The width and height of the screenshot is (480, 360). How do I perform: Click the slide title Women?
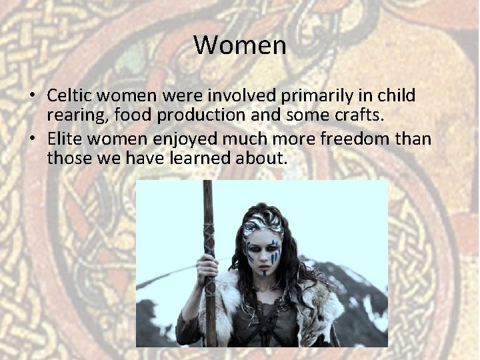240,45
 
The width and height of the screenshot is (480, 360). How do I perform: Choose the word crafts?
361,115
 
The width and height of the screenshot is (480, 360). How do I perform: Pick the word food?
131,115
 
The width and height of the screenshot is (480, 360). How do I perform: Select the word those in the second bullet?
67,159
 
